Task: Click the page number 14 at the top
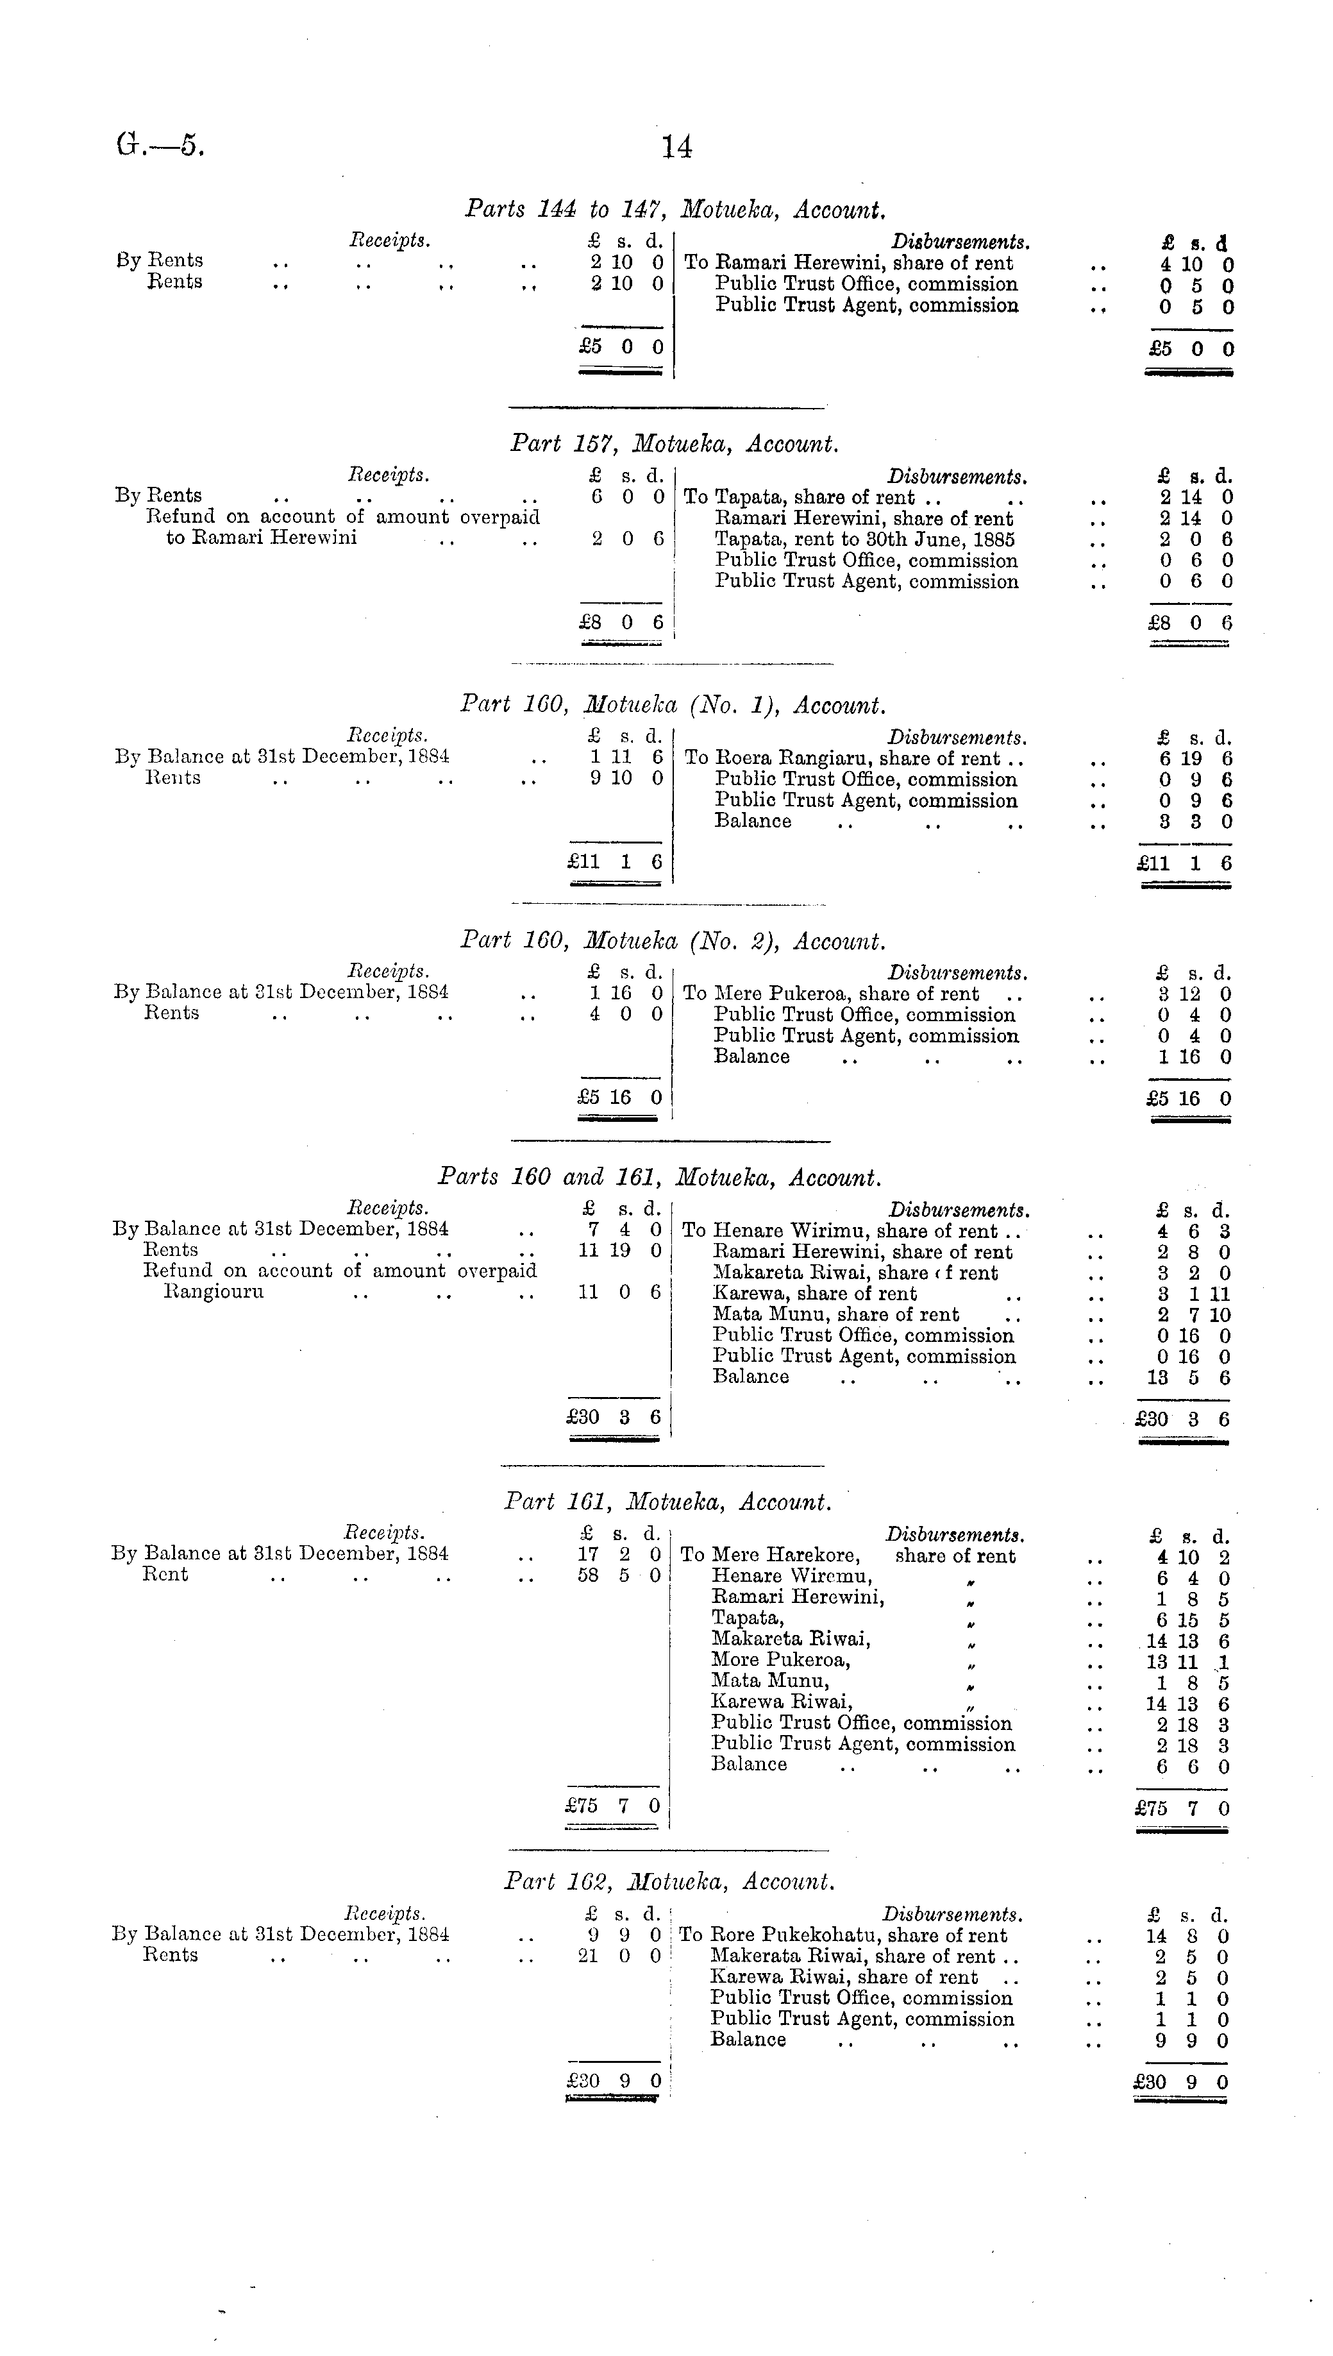[676, 146]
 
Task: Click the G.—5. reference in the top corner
[160, 146]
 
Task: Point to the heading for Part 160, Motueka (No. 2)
[673, 941]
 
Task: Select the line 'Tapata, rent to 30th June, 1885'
[864, 539]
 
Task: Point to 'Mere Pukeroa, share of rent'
[846, 994]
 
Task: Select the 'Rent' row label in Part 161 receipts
[165, 1575]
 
